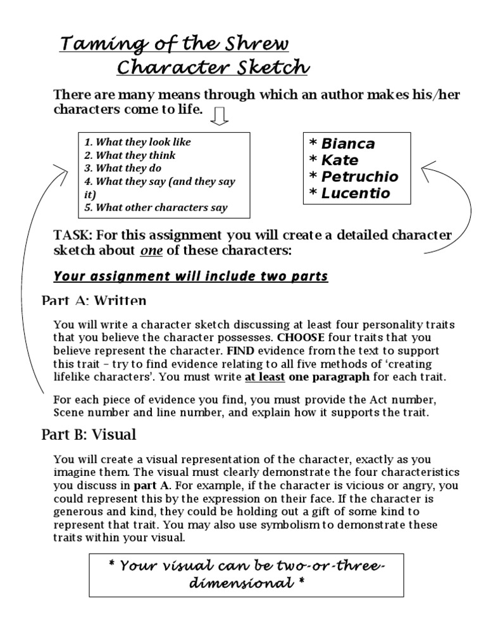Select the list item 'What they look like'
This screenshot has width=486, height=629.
click(x=137, y=142)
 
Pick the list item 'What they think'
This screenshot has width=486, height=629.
click(x=130, y=156)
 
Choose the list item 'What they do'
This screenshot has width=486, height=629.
click(x=123, y=168)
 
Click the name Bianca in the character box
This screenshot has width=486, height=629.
click(x=348, y=144)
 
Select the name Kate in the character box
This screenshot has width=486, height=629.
click(x=340, y=160)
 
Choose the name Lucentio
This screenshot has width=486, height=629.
click(x=356, y=193)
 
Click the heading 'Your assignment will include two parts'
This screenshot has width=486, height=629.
click(x=190, y=277)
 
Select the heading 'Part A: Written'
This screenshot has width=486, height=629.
click(x=94, y=301)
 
